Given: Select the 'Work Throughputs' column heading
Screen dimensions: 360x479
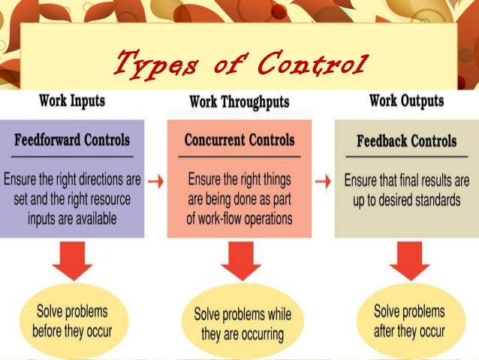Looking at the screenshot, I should click(x=239, y=101).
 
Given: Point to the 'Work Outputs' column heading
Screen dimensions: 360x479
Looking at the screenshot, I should click(x=406, y=100).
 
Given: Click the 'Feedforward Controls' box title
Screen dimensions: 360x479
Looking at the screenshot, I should click(x=72, y=140).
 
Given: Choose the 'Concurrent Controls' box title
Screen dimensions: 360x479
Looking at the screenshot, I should click(x=239, y=140).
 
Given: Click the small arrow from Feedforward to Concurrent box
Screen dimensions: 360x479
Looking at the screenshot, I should click(x=155, y=180).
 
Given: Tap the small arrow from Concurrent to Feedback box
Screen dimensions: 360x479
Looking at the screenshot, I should click(x=324, y=180).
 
